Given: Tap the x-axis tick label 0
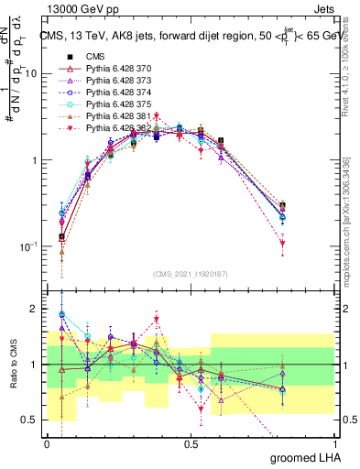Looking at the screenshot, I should (x=47, y=443).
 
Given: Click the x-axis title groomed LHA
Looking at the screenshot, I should (x=300, y=457).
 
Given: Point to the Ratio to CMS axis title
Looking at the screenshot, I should (x=12, y=365).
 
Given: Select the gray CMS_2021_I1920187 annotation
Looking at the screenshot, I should (x=191, y=273).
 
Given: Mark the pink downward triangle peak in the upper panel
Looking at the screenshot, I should (x=157, y=116).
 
